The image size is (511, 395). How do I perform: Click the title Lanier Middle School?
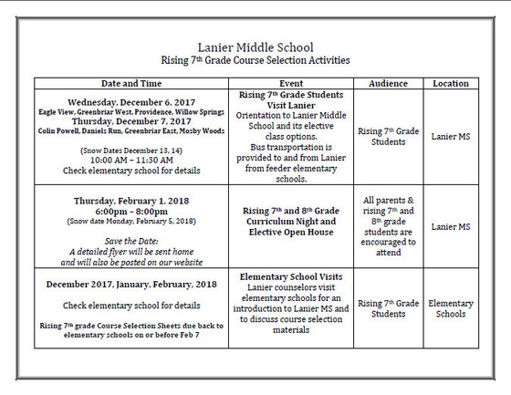pyautogui.click(x=255, y=47)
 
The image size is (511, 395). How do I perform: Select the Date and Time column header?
pyautogui.click(x=131, y=83)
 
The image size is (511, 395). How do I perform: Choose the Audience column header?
pyautogui.click(x=388, y=83)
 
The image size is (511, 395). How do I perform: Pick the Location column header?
pyautogui.click(x=451, y=83)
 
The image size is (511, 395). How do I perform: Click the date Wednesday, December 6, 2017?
pyautogui.click(x=131, y=101)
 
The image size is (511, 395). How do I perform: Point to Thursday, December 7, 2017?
pyautogui.click(x=131, y=120)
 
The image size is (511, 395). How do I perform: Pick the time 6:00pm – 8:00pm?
pyautogui.click(x=131, y=211)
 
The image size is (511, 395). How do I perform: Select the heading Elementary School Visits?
pyautogui.click(x=291, y=275)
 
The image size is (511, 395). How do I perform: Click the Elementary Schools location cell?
pyautogui.click(x=451, y=308)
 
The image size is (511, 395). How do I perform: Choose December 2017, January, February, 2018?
pyautogui.click(x=131, y=285)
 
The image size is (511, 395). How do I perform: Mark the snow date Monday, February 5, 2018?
pyautogui.click(x=131, y=222)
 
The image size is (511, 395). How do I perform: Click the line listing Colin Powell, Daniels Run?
pyautogui.click(x=131, y=130)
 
